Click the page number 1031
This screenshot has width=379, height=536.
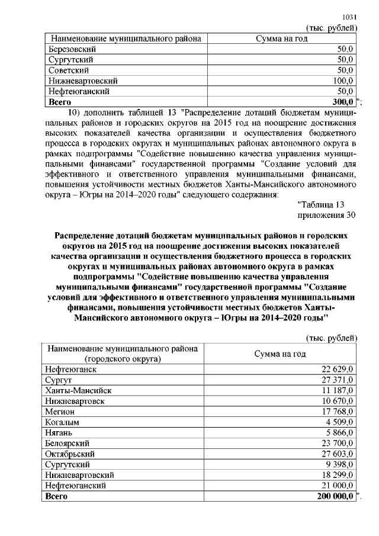pos(350,18)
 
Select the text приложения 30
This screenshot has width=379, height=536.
pos(326,215)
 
